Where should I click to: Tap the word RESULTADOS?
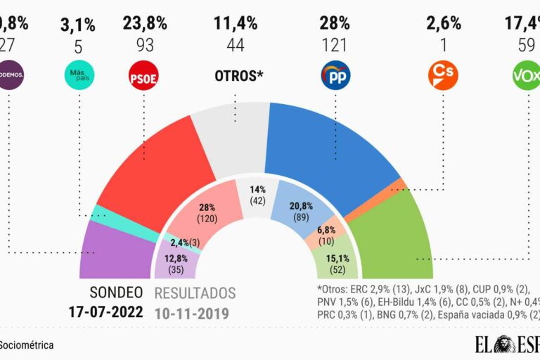195,293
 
